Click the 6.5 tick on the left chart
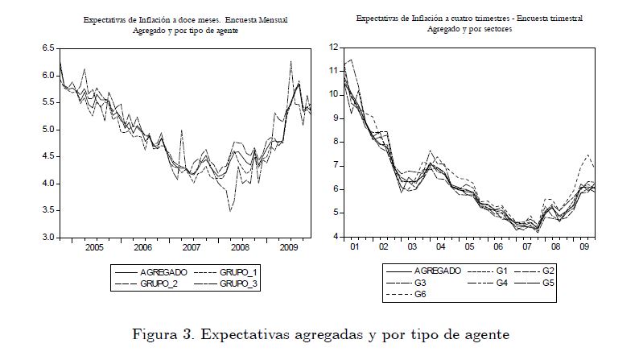coord(47,49)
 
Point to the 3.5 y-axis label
coord(47,211)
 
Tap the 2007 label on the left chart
coord(191,248)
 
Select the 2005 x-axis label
coord(95,248)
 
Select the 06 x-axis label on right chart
coord(498,248)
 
